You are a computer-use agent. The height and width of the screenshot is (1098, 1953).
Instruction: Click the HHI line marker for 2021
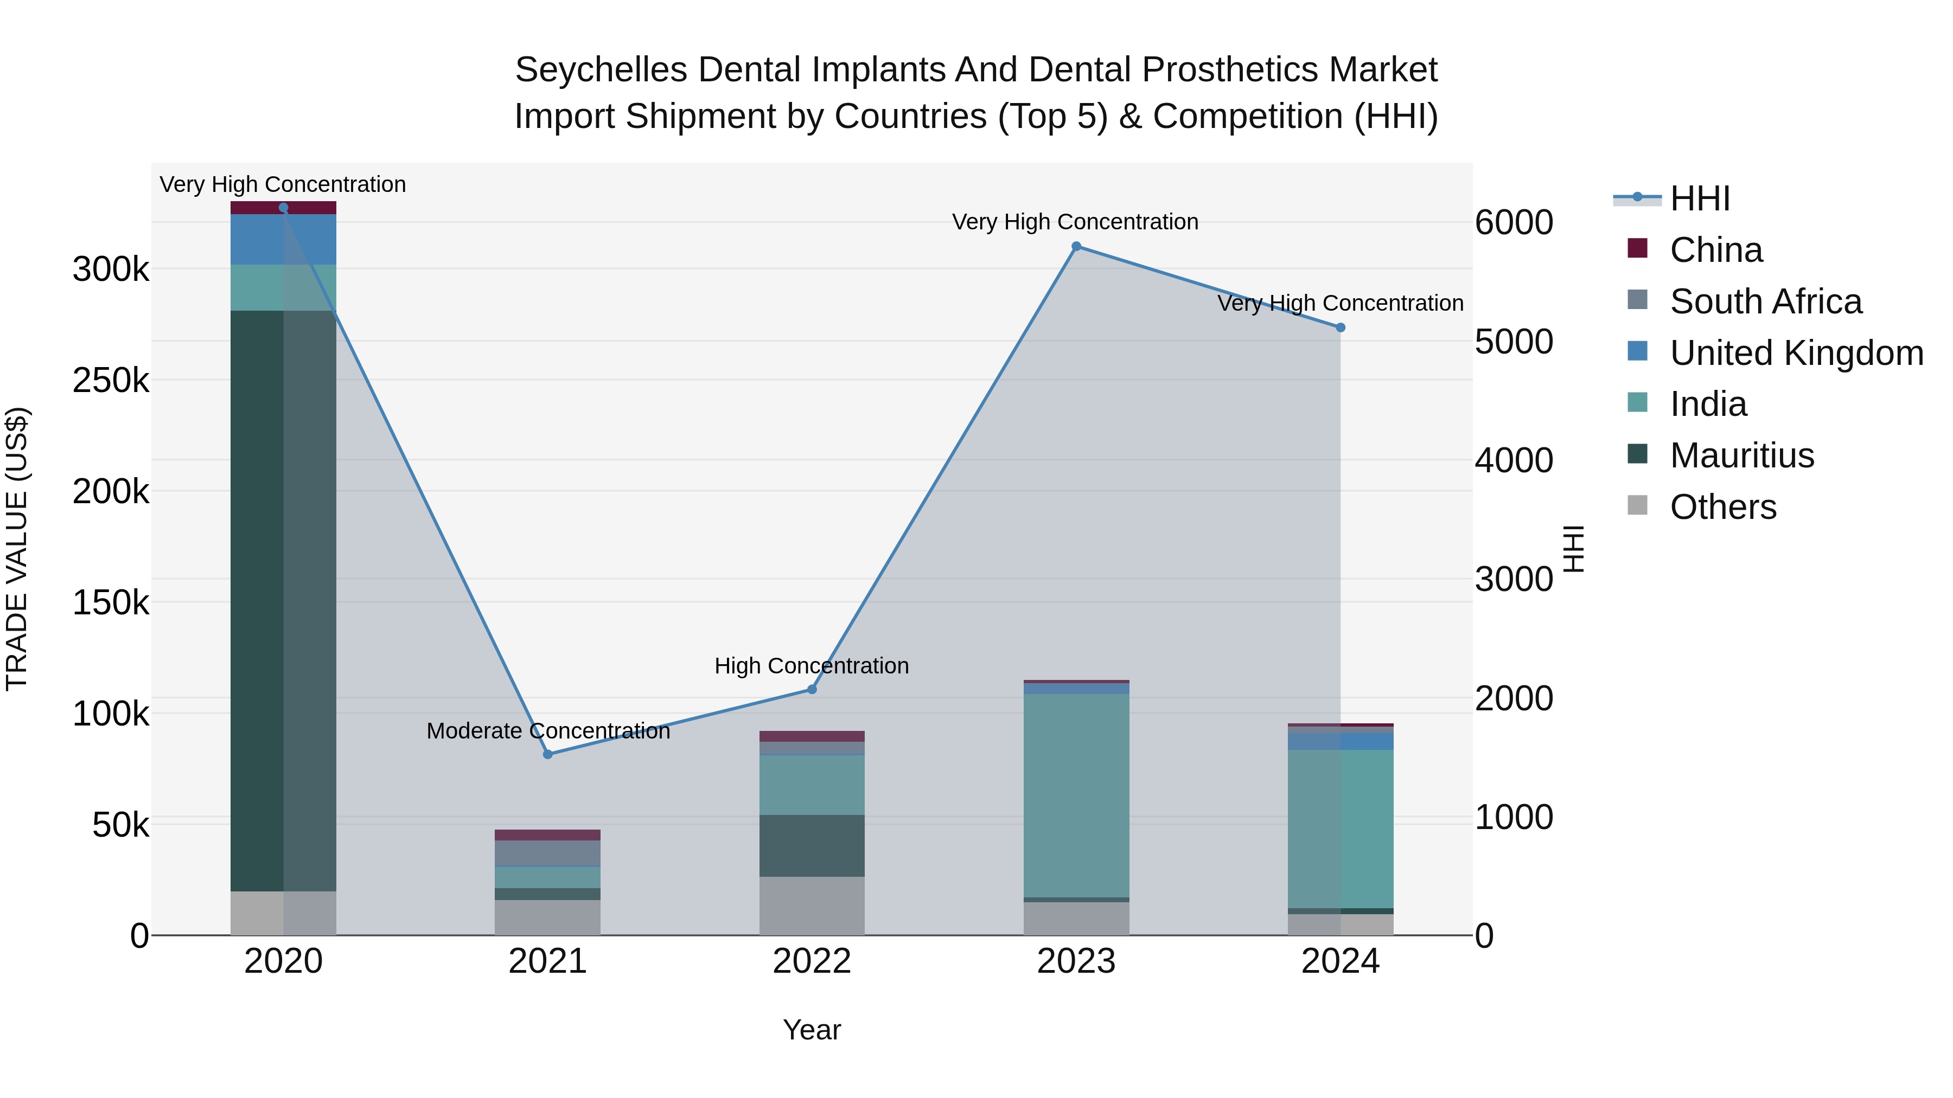click(547, 754)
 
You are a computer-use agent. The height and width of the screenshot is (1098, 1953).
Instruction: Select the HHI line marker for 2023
click(1076, 246)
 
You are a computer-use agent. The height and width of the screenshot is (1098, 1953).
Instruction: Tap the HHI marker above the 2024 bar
click(1341, 328)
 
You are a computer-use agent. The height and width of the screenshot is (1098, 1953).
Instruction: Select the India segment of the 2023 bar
click(1076, 795)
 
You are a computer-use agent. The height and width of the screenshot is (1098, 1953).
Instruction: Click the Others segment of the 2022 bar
click(812, 906)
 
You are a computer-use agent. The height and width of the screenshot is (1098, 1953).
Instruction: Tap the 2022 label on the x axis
click(812, 961)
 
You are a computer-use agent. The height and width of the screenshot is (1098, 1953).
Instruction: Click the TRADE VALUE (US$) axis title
click(17, 549)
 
